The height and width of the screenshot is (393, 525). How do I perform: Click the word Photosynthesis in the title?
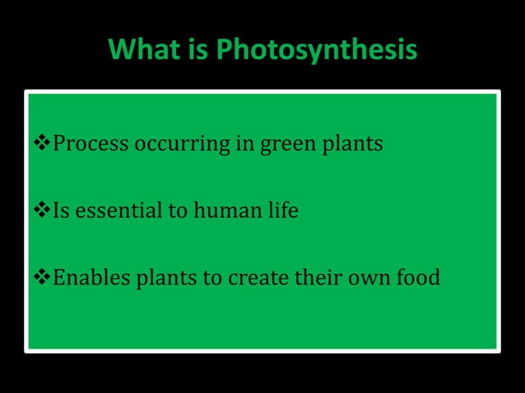[317, 51]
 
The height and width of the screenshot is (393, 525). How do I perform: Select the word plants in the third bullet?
[160, 279]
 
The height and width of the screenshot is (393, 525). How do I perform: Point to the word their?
[320, 278]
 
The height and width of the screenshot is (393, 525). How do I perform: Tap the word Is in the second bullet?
[61, 211]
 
